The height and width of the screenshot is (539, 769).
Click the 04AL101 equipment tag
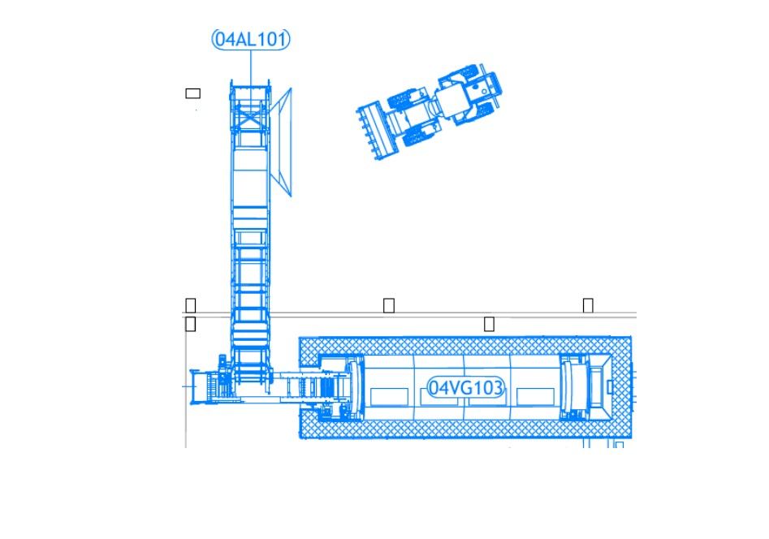(x=251, y=39)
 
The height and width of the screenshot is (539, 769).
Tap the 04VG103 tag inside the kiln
(x=465, y=388)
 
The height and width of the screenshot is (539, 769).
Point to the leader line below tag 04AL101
(x=251, y=68)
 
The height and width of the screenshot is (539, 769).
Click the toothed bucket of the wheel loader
(x=373, y=130)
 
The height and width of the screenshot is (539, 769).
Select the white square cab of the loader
(x=452, y=100)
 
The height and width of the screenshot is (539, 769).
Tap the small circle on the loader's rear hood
(x=485, y=92)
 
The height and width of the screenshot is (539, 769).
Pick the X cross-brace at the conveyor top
(x=251, y=119)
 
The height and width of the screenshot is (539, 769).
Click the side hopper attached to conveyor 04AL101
(x=282, y=142)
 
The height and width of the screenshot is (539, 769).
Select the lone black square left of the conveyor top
(x=192, y=93)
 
